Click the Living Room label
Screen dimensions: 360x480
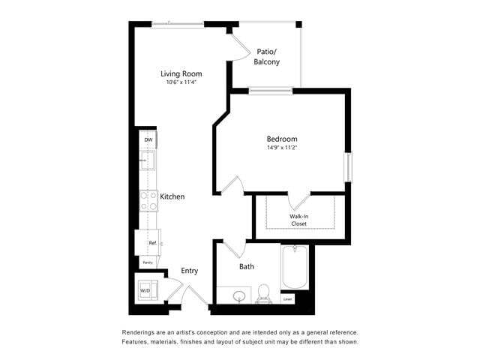click(x=182, y=73)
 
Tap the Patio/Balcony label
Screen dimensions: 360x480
click(x=266, y=56)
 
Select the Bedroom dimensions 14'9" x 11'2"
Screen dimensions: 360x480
click(x=282, y=148)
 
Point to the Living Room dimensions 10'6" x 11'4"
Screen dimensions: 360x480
click(x=182, y=82)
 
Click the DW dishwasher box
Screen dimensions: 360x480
click(x=148, y=140)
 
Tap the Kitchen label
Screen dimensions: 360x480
click(x=172, y=196)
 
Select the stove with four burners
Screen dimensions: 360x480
click(x=148, y=199)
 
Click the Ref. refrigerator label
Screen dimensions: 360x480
click(x=152, y=243)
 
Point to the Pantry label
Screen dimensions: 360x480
click(x=148, y=262)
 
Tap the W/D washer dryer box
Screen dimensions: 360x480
click(x=145, y=289)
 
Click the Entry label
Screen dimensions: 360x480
click(x=190, y=271)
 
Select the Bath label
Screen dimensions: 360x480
click(x=247, y=266)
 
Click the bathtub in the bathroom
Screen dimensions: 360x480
click(x=294, y=268)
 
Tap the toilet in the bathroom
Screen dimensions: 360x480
click(x=264, y=293)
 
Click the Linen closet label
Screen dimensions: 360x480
click(x=287, y=298)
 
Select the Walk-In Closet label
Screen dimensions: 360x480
click(x=299, y=220)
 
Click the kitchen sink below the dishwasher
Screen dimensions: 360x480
click(x=148, y=160)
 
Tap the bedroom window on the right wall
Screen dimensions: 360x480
click(x=347, y=166)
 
